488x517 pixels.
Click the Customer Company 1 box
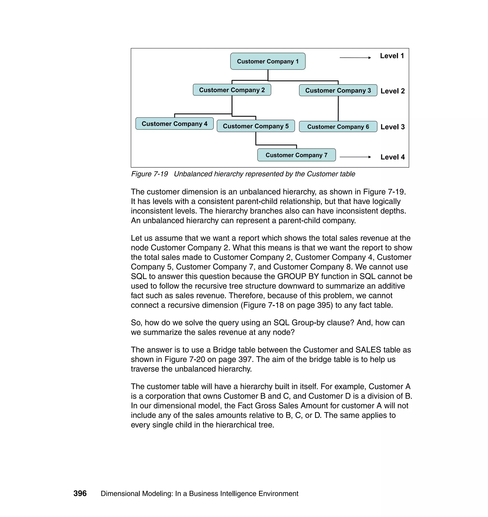[268, 61]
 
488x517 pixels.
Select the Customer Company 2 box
[232, 90]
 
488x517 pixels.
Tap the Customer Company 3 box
[338, 90]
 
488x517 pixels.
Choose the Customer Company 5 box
[255, 126]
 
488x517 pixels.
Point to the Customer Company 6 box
[338, 127]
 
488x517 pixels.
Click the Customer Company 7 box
[296, 155]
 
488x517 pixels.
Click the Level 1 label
[392, 56]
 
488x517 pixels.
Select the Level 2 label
[392, 91]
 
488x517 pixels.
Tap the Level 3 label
[392, 127]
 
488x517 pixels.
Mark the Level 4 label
[392, 157]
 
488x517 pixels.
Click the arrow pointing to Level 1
[355, 57]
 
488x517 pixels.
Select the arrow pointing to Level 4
[355, 157]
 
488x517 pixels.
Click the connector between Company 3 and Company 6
[338, 108]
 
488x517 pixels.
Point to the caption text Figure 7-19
[149, 174]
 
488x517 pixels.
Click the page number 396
[80, 493]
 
